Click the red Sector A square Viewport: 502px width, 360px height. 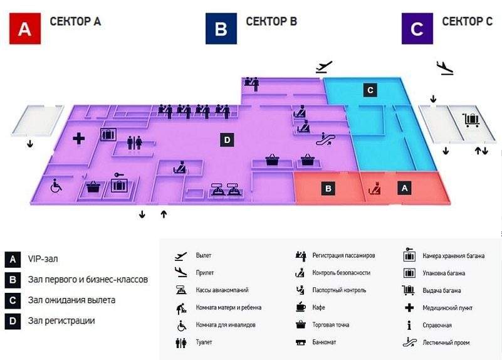tap(25, 28)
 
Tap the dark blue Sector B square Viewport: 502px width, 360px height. tap(221, 28)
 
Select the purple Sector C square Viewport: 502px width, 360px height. tap(417, 28)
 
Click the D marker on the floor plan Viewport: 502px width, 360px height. tap(227, 140)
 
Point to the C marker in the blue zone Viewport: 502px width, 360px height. tap(370, 90)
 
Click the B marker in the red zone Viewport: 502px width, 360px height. tap(328, 188)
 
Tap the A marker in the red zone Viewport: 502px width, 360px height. tap(404, 188)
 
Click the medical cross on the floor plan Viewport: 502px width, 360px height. tap(79, 139)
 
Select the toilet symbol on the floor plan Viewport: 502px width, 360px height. tap(135, 143)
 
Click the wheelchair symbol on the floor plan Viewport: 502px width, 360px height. tap(56, 186)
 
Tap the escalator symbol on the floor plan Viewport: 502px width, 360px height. tap(326, 139)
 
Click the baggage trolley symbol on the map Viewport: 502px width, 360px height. tap(471, 120)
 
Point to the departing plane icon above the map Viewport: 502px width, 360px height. tap(324, 67)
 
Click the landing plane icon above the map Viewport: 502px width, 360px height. tap(446, 68)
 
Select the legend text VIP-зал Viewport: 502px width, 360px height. tap(43, 259)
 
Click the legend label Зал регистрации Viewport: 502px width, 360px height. tap(61, 320)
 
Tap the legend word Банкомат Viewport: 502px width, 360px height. tap(324, 342)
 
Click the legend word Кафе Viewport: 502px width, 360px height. tap(318, 307)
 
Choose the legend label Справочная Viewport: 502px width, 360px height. tap(437, 325)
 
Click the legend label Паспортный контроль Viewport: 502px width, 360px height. tap(339, 290)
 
